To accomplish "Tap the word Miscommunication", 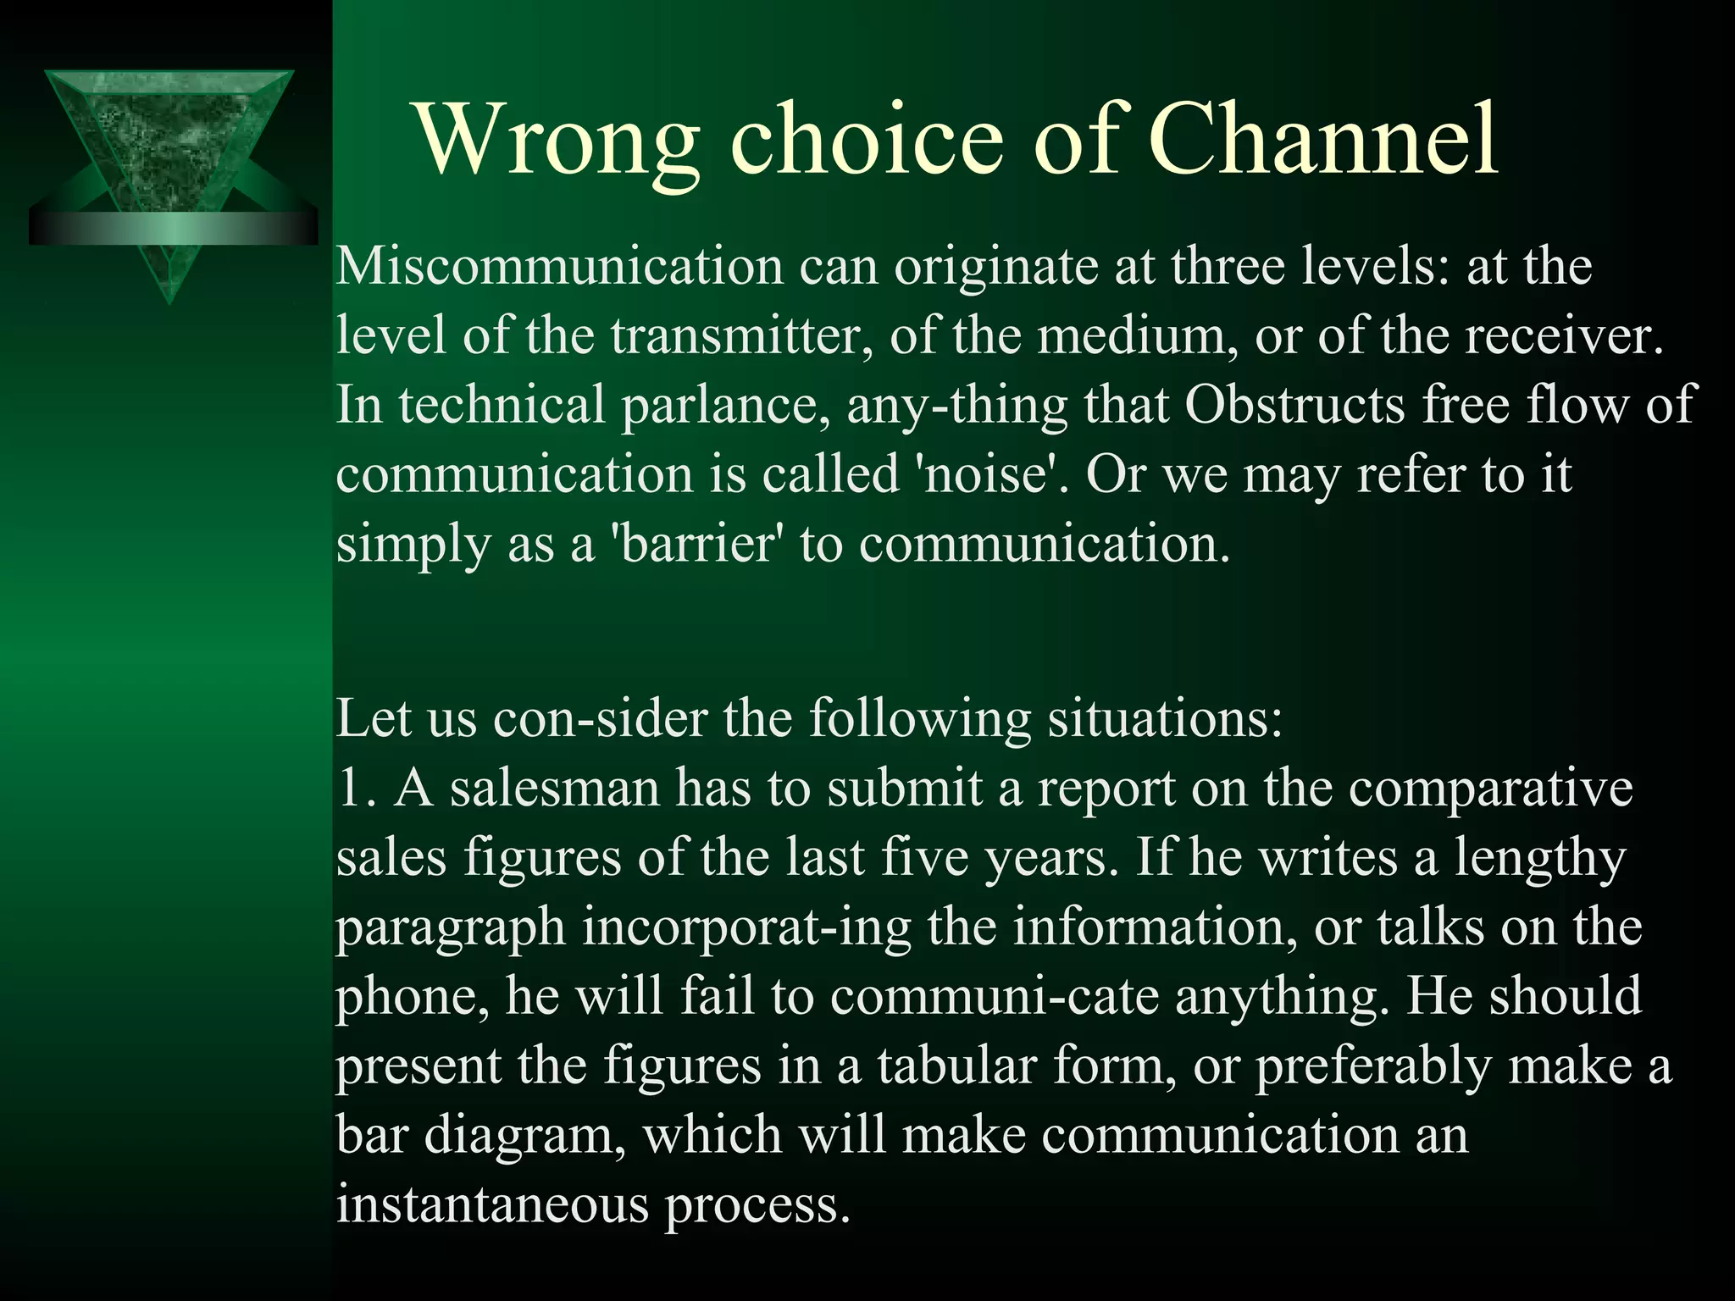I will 560,267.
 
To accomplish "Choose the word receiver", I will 1564,336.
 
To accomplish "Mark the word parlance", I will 726,406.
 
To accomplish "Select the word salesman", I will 554,788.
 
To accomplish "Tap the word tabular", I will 956,1066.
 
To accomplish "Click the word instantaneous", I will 492,1204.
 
